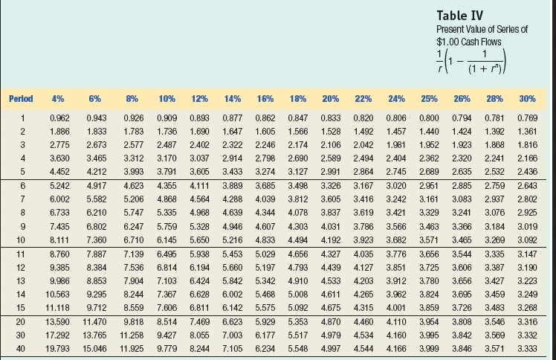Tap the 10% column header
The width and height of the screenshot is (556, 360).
point(167,98)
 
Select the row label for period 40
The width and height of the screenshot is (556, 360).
point(23,347)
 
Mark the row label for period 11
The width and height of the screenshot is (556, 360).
point(23,254)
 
